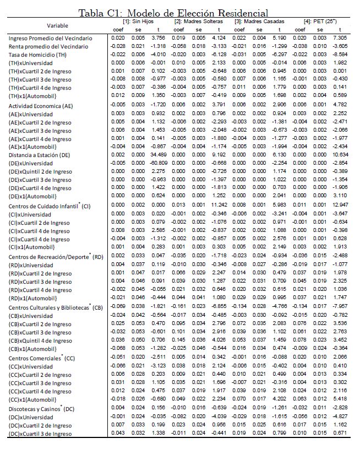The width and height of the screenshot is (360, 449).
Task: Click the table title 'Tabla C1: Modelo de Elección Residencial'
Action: tap(174, 13)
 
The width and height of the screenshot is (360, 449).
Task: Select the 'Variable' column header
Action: tap(58, 25)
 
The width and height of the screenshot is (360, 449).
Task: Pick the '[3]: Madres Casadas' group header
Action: tap(258, 21)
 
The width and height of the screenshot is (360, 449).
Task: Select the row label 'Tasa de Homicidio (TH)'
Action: tap(38, 55)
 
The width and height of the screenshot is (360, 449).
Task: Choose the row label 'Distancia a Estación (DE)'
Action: tap(41, 155)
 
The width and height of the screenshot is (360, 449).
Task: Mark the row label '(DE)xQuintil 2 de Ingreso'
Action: tap(40, 172)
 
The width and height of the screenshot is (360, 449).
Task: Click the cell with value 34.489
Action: tap(159, 155)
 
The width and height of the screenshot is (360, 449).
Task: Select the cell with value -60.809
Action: tap(159, 164)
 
